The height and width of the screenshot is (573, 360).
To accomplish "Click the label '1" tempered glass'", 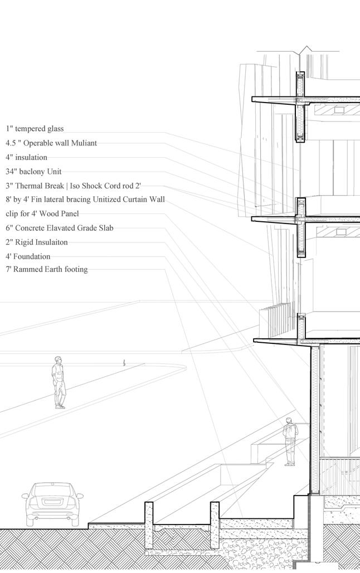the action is pos(35,129).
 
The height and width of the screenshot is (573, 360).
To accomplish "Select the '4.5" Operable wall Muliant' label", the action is pos(51,143).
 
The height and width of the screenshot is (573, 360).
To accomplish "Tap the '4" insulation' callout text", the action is pos(26,157).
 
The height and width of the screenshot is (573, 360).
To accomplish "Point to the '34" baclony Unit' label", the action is pos(37,172).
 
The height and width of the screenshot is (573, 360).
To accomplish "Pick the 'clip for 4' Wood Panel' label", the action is pos(42,213).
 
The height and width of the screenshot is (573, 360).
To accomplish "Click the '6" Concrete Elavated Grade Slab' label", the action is pos(60,228).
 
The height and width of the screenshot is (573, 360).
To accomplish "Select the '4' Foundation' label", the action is pos(28,256).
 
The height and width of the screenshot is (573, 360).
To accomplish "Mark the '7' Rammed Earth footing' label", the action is pos(47,270).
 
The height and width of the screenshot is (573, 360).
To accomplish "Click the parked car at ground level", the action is pos(52,504).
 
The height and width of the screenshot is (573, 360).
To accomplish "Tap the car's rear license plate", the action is pos(52,502).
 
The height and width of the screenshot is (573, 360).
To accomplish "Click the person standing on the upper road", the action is pos(59,383).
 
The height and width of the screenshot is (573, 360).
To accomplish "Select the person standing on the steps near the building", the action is pos(290,441).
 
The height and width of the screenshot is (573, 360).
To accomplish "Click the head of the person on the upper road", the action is pos(58,360).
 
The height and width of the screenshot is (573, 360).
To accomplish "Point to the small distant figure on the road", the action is pos(124,362).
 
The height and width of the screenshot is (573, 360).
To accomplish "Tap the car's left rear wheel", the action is pos(31,521).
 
